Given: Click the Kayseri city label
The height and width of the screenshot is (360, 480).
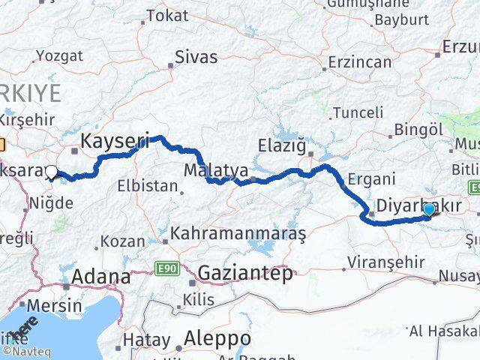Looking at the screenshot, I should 115,139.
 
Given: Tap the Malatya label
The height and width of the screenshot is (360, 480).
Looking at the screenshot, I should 207,167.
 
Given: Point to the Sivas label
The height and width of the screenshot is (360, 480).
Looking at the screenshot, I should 196,56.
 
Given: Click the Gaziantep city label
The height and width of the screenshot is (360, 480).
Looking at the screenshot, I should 245,274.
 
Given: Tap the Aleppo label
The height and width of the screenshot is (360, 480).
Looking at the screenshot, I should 211,335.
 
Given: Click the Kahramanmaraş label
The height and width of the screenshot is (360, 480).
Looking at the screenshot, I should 238,234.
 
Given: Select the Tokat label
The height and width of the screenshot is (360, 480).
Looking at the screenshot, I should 167,15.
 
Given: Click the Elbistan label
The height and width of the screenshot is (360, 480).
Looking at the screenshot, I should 148,184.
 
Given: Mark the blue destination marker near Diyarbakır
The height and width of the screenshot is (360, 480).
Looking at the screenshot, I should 429,209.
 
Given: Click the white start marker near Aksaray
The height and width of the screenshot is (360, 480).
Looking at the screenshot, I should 51,172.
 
